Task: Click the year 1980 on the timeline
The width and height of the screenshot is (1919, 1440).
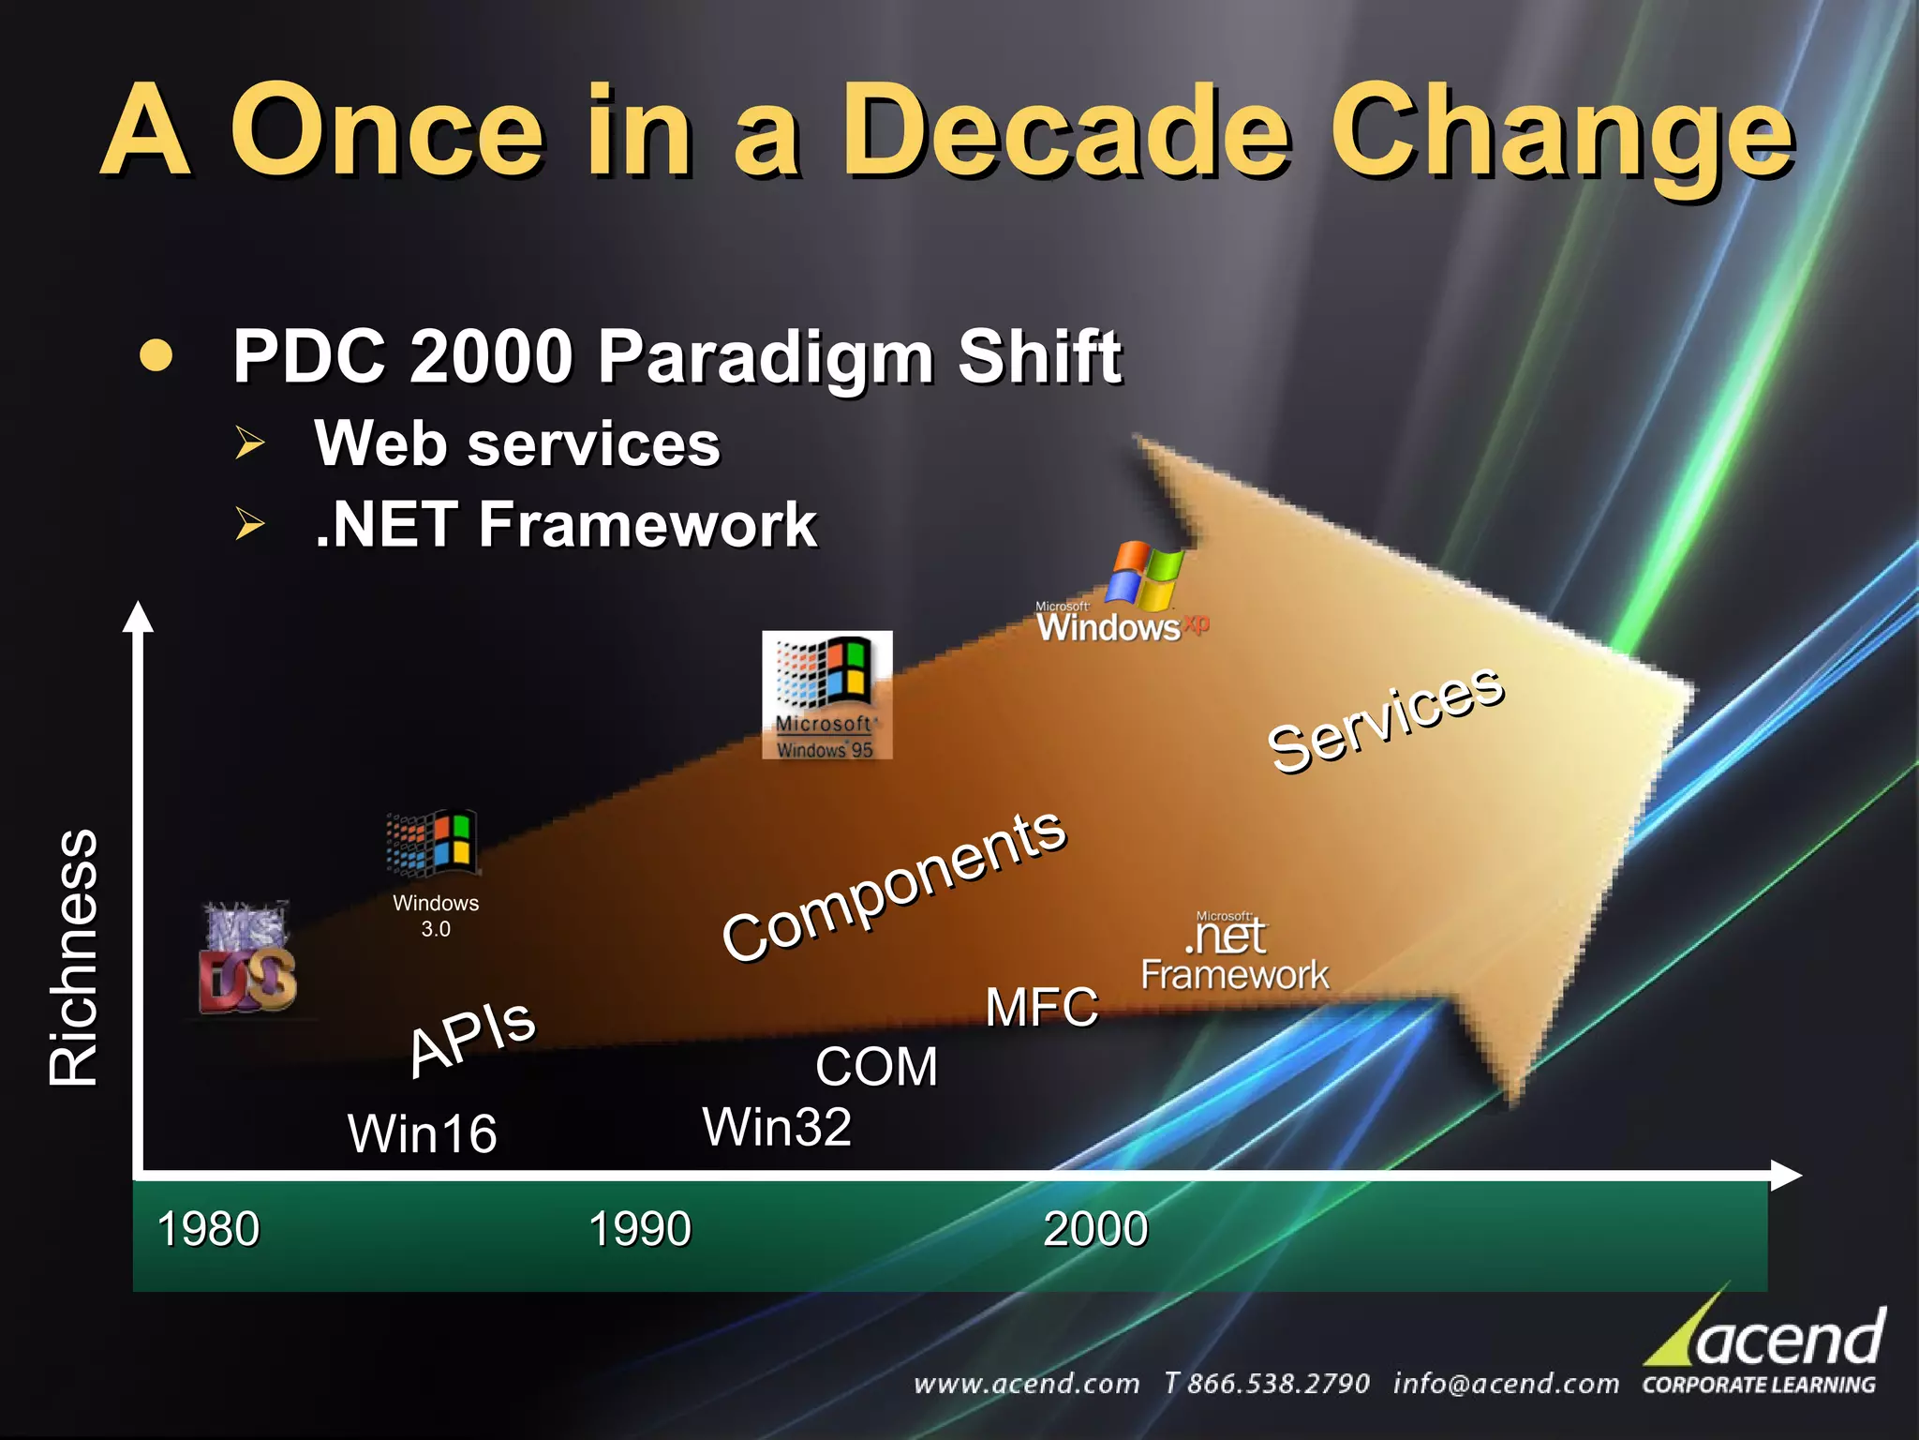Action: tap(208, 1229)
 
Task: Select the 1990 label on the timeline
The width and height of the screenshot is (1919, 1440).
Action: tap(640, 1229)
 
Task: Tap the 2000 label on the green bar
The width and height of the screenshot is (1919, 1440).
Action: tap(1095, 1229)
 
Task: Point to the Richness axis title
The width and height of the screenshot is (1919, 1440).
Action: tap(74, 958)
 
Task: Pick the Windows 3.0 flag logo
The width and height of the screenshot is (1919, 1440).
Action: tap(433, 843)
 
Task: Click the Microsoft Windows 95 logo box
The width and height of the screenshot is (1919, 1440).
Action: tap(826, 695)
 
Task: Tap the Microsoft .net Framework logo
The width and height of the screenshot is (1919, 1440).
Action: tap(1233, 952)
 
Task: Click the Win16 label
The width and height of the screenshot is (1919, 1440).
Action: tap(422, 1133)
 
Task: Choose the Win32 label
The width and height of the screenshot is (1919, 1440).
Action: tap(777, 1127)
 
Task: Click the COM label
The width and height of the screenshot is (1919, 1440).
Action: tap(876, 1067)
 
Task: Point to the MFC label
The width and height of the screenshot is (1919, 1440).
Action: tap(1042, 1008)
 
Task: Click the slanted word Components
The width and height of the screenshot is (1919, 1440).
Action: tap(893, 886)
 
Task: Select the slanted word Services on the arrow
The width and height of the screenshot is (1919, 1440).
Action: tap(1385, 719)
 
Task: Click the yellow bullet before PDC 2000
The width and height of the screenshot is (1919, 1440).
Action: tap(156, 356)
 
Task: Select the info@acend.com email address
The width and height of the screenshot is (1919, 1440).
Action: tap(1505, 1384)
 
